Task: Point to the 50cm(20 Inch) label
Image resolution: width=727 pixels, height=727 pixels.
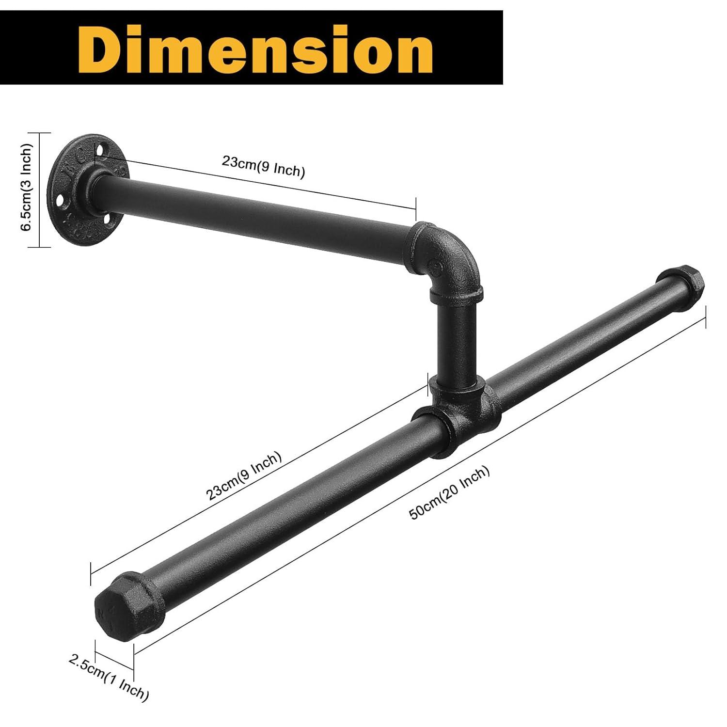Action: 450,492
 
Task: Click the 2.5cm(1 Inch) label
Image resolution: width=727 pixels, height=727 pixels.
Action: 109,677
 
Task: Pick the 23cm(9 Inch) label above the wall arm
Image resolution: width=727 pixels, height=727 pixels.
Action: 263,166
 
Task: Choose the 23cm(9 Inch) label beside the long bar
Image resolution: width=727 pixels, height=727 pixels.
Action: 244,476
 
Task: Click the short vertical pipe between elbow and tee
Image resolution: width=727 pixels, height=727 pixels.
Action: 456,339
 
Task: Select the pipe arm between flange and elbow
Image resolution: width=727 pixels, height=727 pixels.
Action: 257,213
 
